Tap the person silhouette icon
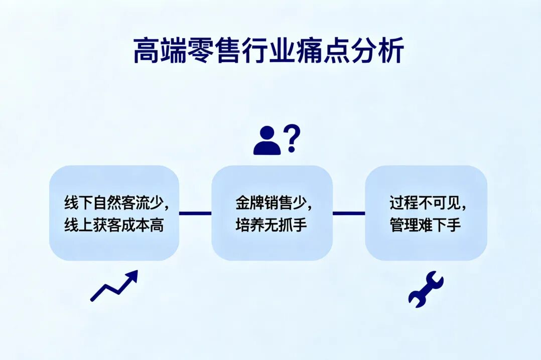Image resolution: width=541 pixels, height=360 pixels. (x=266, y=141)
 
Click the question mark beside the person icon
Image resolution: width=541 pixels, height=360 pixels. (x=292, y=139)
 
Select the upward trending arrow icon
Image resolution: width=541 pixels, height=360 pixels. (x=114, y=286)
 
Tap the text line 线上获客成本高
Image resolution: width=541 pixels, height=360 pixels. (x=114, y=225)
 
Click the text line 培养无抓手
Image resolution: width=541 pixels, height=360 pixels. (x=272, y=225)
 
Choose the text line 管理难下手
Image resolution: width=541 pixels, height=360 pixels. (x=426, y=225)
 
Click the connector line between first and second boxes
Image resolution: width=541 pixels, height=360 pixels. (x=195, y=214)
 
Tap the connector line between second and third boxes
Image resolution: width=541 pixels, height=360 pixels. (x=349, y=214)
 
